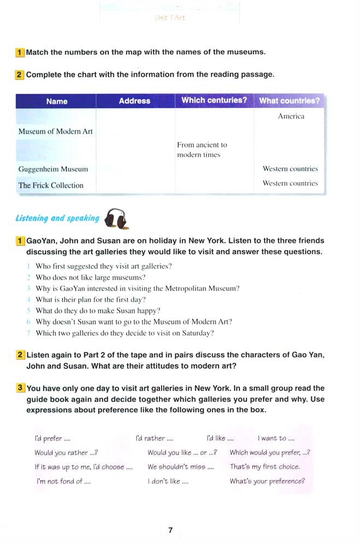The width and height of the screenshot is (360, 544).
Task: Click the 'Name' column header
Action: [x=57, y=101]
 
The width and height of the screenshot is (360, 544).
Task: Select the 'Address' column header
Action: [x=134, y=101]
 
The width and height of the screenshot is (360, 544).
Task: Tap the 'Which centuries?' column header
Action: [x=214, y=100]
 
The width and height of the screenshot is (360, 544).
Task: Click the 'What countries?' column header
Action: [x=289, y=101]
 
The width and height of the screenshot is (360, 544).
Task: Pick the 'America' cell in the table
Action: [x=291, y=116]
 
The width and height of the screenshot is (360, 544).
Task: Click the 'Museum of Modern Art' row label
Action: [x=55, y=132]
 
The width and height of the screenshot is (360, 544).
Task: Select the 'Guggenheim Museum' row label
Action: [x=53, y=169]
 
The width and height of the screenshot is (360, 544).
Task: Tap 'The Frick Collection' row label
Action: [x=51, y=185]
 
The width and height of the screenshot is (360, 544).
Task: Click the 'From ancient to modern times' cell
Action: [x=202, y=150]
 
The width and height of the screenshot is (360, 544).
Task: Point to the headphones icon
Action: [x=116, y=218]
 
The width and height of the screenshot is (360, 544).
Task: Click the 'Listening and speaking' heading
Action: [x=57, y=218]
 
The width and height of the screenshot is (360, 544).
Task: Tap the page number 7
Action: [x=170, y=530]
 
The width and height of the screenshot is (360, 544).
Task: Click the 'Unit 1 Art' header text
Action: [x=169, y=18]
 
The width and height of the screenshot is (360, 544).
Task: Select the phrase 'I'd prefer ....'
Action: [x=52, y=439]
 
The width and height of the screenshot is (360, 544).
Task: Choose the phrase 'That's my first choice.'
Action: [x=265, y=467]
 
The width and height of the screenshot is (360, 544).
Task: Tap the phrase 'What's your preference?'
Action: [x=267, y=481]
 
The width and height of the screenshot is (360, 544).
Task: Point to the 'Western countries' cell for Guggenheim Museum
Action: [x=290, y=169]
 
